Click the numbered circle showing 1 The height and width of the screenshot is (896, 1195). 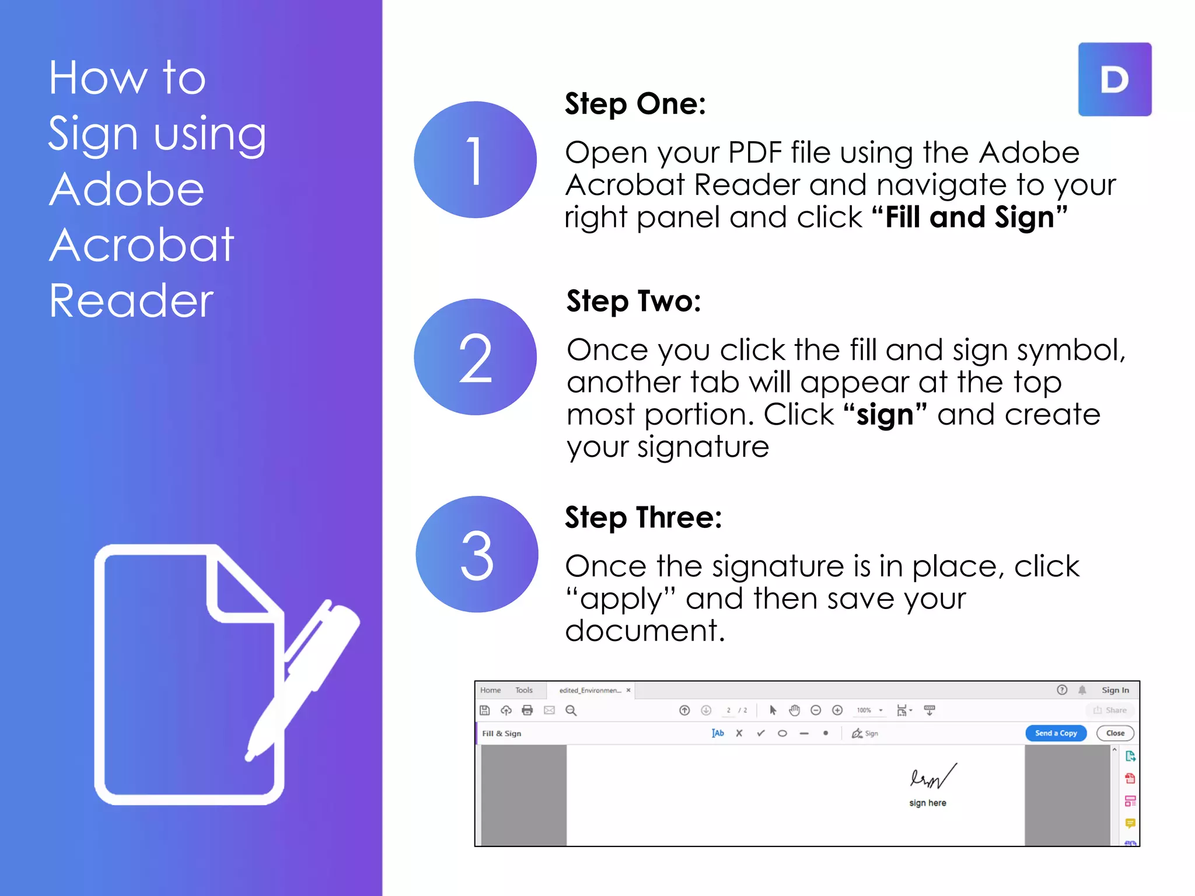475,160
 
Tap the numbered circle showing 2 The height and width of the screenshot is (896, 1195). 475,357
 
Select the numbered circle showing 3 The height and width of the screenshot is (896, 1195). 477,554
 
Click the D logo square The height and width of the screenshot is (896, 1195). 1114,79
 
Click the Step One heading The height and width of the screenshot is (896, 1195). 635,104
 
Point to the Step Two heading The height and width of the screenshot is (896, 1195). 634,302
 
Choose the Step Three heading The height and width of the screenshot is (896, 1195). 644,517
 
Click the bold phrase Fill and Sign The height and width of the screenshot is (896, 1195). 969,218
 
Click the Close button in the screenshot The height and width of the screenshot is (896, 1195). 1114,733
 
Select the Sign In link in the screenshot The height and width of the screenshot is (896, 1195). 1114,690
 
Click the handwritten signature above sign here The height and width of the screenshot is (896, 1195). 932,776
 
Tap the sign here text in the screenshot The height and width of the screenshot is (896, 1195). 927,803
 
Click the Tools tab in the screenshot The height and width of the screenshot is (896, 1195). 523,690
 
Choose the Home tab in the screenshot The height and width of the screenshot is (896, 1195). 490,690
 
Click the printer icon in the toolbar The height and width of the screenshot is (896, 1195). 527,710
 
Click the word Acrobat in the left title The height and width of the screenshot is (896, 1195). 142,245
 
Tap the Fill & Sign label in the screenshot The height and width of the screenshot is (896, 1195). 501,733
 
